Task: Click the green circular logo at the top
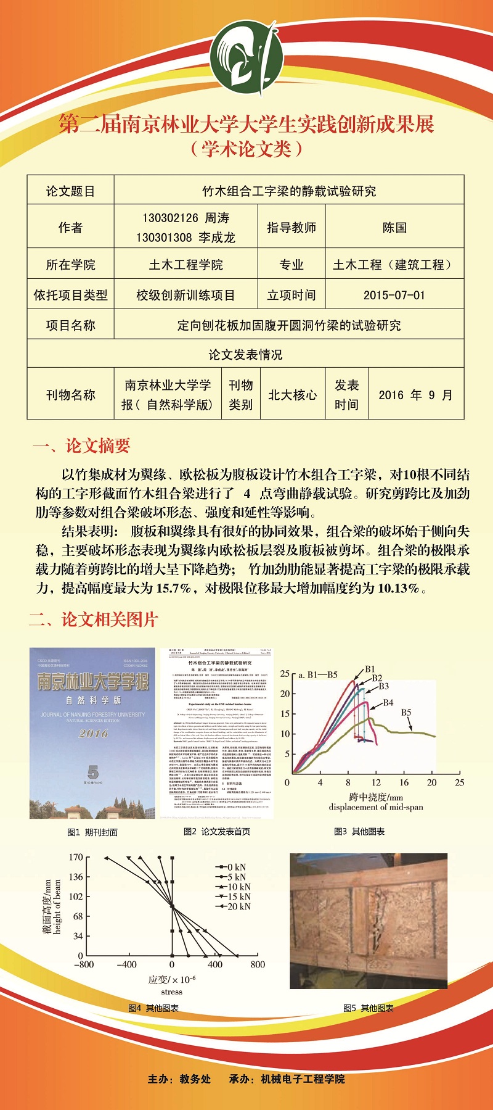tap(246, 58)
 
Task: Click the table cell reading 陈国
tap(394, 228)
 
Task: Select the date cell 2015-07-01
tap(394, 295)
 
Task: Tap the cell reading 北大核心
tap(292, 395)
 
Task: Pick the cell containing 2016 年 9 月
tap(415, 395)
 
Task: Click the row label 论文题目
tap(70, 191)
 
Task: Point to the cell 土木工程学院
tap(185, 265)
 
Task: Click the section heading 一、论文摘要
tap(81, 446)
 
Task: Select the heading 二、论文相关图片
tap(94, 619)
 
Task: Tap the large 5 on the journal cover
tap(93, 772)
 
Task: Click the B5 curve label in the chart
tap(406, 712)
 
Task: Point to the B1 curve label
tap(370, 669)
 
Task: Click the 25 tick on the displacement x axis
tap(459, 782)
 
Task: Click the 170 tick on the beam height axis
tap(76, 857)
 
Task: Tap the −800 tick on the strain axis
tap(84, 964)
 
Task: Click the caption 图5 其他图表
tap(368, 1008)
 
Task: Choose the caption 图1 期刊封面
tap(92, 832)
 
